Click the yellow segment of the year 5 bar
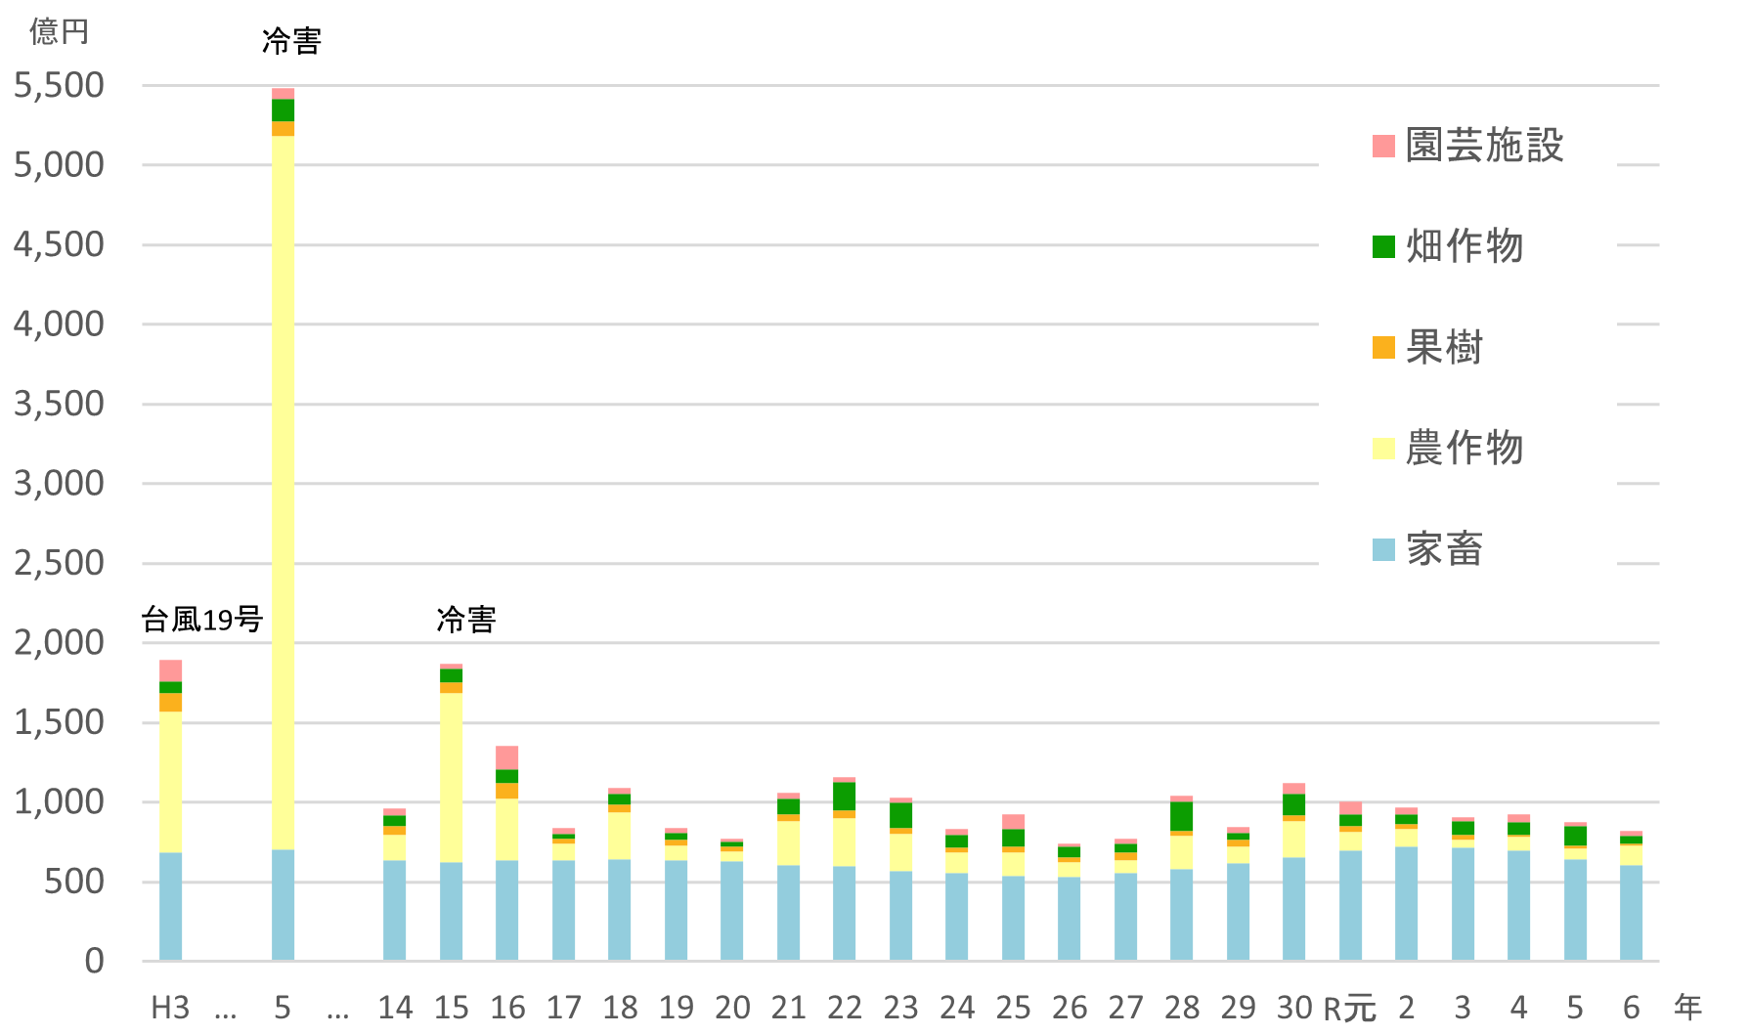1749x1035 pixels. [x=284, y=489]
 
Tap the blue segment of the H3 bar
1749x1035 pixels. [x=171, y=906]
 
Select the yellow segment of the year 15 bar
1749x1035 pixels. [x=452, y=777]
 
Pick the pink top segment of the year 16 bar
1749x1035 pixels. [x=507, y=757]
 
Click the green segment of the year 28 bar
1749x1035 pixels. [x=1182, y=816]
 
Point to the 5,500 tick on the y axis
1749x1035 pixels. [x=59, y=86]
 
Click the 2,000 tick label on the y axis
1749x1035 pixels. [x=59, y=643]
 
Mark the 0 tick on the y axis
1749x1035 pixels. [x=94, y=962]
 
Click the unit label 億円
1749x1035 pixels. [x=59, y=31]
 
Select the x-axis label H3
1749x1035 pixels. [x=170, y=1008]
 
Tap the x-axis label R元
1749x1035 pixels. [x=1349, y=1008]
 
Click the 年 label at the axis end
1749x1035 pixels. [x=1688, y=1008]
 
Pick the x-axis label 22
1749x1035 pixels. [x=845, y=1008]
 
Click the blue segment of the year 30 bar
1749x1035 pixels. [x=1294, y=909]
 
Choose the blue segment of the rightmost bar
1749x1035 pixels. [x=1632, y=913]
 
